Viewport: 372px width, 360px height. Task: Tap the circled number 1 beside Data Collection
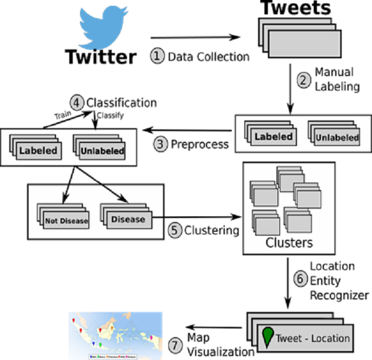(x=157, y=56)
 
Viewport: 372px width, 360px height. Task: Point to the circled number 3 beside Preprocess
(x=160, y=143)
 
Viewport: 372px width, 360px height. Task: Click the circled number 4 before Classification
(x=77, y=103)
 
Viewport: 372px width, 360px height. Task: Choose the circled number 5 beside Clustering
(x=176, y=231)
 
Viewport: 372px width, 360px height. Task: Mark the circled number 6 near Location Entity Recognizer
(x=299, y=280)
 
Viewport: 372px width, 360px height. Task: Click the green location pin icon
(x=267, y=337)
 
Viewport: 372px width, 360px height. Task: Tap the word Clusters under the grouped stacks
(x=290, y=243)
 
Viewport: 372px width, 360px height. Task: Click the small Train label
(x=62, y=114)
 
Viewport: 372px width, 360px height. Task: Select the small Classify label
(x=109, y=115)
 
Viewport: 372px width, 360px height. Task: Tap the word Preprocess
(x=199, y=143)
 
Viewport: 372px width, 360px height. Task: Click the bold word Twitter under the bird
(x=100, y=57)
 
